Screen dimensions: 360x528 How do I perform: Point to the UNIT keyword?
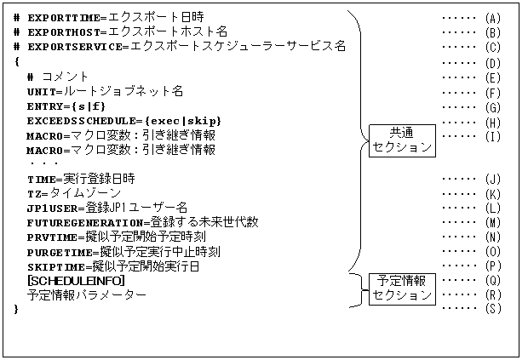tap(40, 91)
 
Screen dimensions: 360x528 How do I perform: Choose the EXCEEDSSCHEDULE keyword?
tap(77, 121)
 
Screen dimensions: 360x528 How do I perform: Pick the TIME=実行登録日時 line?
tap(81, 179)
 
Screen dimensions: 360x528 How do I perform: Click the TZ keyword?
tap(33, 194)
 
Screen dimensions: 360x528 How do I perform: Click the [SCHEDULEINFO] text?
tap(76, 281)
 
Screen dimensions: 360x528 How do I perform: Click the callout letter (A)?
tap(492, 17)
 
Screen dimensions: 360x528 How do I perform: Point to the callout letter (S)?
tap(492, 308)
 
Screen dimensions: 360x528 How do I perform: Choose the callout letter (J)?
tap(492, 179)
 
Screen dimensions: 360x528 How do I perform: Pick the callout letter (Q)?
tap(492, 279)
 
